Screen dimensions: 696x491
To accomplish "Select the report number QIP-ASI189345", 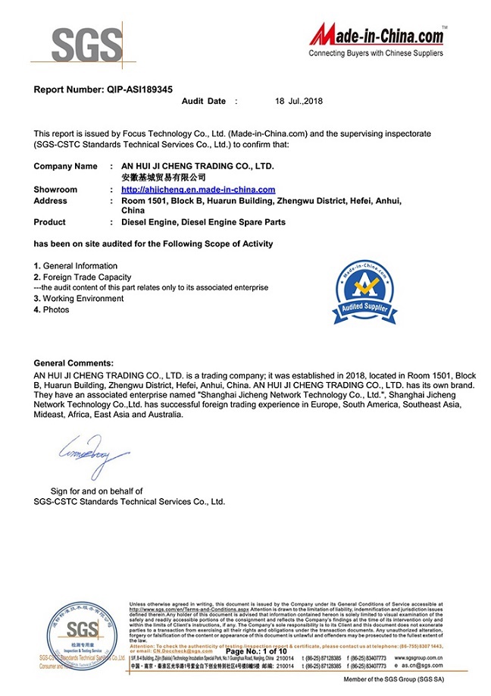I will (108, 89).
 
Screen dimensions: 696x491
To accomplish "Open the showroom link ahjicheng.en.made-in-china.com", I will (198, 190).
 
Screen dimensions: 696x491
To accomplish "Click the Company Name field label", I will (65, 166).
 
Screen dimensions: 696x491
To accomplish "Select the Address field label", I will (51, 201).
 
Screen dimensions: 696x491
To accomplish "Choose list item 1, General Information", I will (76, 266).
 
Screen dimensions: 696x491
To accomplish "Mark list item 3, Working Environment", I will (79, 299).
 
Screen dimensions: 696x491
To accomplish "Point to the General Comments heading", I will (73, 364).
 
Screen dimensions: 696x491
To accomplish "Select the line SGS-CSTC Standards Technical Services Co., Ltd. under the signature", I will (130, 502).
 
